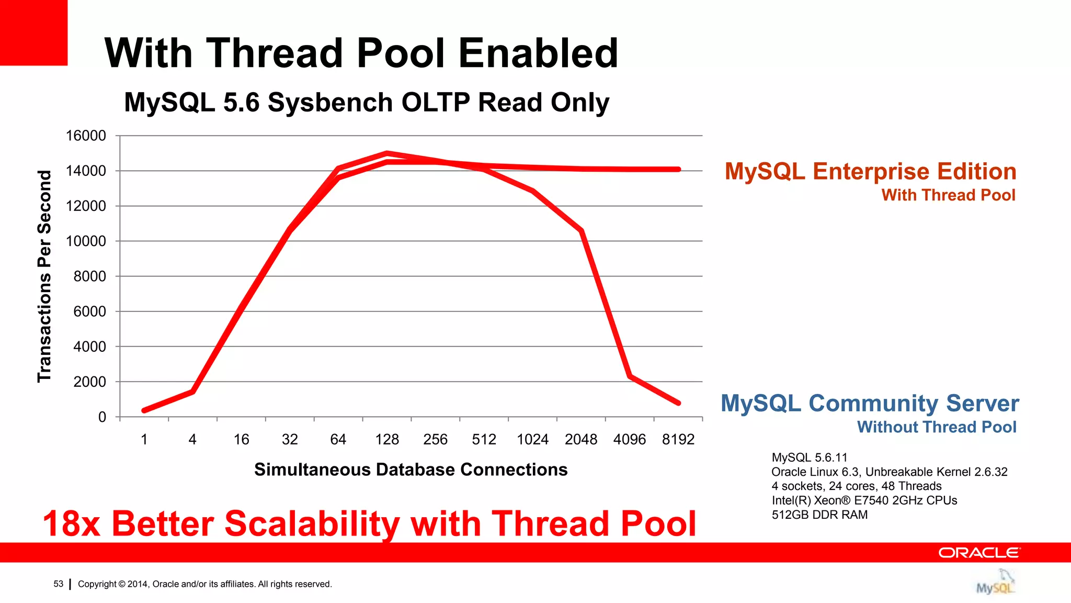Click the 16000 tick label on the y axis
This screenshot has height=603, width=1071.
point(86,136)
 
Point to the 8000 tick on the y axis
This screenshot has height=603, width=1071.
point(89,276)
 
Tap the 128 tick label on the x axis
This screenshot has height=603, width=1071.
point(386,439)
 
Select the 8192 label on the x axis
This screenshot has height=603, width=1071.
point(678,439)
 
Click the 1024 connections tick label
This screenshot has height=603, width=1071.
point(532,439)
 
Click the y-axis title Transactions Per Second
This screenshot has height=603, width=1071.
point(45,276)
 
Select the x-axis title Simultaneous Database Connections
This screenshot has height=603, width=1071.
point(411,470)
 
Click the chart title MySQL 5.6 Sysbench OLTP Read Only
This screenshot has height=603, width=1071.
point(367,102)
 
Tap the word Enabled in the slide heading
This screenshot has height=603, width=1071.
point(538,53)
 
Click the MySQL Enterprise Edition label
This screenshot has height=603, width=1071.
point(870,172)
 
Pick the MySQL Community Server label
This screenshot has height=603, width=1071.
point(870,403)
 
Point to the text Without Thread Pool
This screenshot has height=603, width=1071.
point(936,427)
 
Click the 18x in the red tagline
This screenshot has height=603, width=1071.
point(71,524)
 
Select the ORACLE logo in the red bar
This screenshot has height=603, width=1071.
point(978,553)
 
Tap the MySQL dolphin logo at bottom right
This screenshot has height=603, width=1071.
point(995,583)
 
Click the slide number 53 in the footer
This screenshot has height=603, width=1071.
point(58,584)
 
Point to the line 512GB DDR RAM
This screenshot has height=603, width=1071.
point(819,515)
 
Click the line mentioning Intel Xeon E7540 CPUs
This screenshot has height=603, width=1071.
point(864,500)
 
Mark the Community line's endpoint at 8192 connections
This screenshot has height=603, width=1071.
point(678,403)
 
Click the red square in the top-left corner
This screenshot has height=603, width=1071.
point(33,32)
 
